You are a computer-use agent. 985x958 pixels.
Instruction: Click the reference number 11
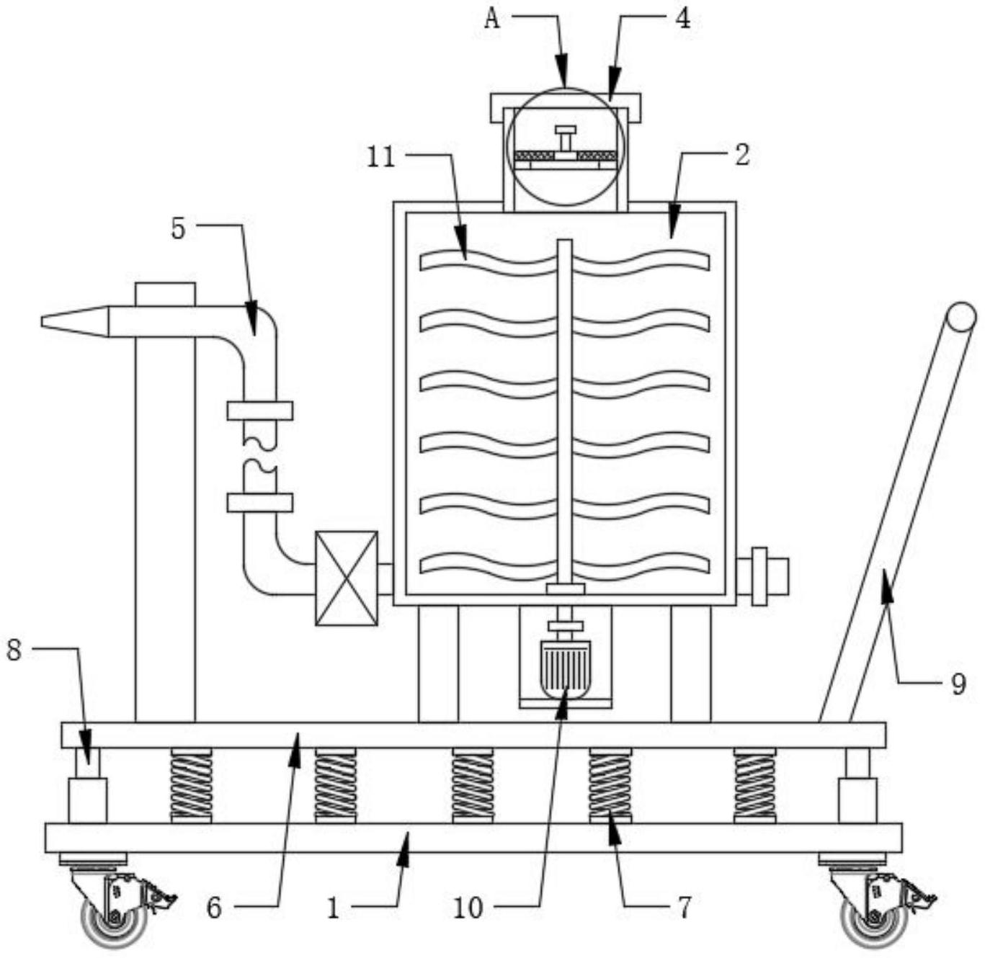[x=381, y=158]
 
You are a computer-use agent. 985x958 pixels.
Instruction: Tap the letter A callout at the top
[x=492, y=20]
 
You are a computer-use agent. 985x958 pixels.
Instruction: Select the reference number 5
[x=178, y=229]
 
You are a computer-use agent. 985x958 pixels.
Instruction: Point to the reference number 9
[x=958, y=685]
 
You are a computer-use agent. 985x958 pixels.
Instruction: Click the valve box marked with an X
[x=347, y=578]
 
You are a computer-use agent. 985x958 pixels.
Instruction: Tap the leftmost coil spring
[x=191, y=786]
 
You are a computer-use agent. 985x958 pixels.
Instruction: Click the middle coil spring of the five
[x=473, y=786]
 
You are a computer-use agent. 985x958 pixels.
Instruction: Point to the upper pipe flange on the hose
[x=259, y=411]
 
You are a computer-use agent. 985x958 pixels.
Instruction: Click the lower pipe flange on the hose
[x=259, y=503]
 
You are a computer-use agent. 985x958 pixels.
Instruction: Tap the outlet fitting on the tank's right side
[x=763, y=576]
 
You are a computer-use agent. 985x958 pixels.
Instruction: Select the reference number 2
[x=742, y=156]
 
